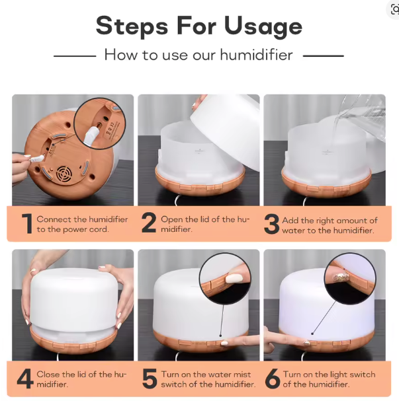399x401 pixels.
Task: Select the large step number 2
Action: click(149, 224)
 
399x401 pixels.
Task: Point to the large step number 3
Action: click(271, 224)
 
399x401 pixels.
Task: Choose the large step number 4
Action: click(24, 379)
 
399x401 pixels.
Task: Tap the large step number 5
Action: click(149, 379)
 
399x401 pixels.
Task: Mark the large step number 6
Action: click(271, 379)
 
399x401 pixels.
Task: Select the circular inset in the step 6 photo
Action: click(350, 277)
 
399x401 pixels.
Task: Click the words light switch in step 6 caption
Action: click(348, 374)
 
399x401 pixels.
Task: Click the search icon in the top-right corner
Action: click(394, 9)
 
